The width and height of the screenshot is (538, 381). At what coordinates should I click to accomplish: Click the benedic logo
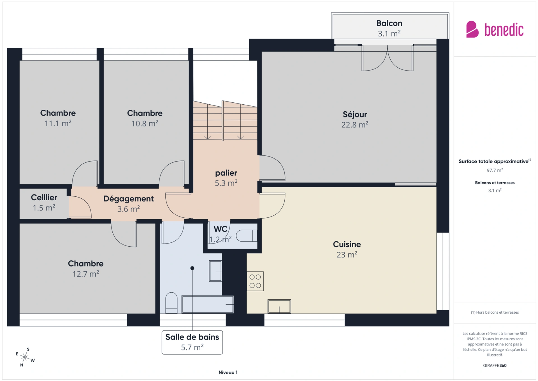[x=495, y=29]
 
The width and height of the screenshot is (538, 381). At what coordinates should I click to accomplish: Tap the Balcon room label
[x=389, y=28]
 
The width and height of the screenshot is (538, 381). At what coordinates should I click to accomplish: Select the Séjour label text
[x=355, y=114]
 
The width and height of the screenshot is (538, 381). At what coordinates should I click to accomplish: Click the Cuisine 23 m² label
[x=347, y=249]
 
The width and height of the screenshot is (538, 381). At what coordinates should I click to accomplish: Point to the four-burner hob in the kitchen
[x=255, y=281]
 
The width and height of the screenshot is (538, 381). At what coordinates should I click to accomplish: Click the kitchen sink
[x=279, y=306]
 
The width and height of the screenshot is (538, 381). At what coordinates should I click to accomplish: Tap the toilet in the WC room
[x=247, y=236]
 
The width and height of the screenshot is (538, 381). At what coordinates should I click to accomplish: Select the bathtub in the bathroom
[x=208, y=304]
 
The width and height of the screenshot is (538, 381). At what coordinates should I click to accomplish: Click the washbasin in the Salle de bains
[x=215, y=271]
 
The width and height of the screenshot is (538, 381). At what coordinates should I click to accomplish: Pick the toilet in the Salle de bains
[x=171, y=303]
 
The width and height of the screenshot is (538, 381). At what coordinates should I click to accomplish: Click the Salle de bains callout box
[x=192, y=342]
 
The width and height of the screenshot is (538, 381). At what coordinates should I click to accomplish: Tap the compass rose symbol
[x=25, y=357]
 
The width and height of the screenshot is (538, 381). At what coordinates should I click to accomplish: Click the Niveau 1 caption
[x=228, y=373]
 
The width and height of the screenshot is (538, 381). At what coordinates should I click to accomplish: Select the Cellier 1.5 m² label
[x=44, y=203]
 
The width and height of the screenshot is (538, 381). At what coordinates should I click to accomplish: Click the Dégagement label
[x=128, y=199]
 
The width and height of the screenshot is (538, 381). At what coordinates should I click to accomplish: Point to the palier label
[x=226, y=173]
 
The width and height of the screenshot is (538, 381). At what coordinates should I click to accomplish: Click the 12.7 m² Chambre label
[x=86, y=269]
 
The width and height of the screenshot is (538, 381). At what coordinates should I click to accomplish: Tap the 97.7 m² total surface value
[x=495, y=170]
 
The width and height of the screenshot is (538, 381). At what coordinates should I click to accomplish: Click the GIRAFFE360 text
[x=495, y=366]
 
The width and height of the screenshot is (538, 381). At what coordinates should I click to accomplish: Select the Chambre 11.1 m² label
[x=58, y=118]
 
